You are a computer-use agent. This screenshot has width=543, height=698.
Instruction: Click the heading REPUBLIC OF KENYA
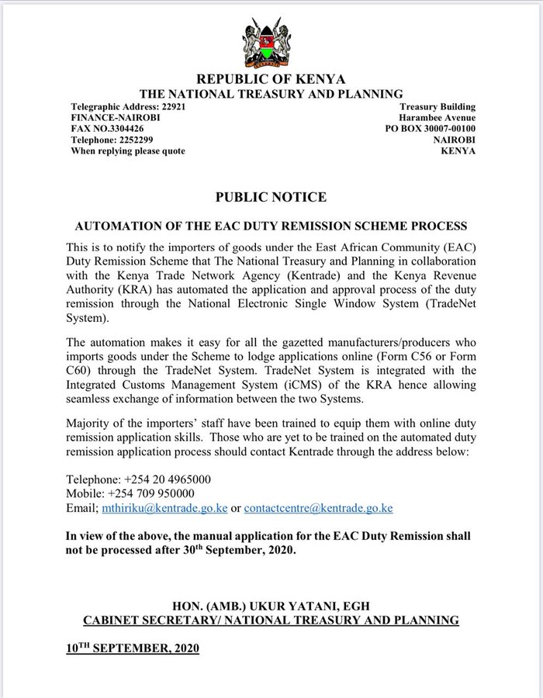pos(271,79)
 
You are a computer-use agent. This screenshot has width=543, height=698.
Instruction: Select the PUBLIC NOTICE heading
pos(271,197)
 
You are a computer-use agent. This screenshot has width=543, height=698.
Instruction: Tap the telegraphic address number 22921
pos(168,107)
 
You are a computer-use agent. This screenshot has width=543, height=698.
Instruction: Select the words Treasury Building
pos(438,107)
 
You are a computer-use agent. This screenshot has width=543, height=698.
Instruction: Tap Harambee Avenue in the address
pos(438,118)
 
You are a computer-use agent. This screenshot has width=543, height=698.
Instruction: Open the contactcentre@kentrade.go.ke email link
pos(318,508)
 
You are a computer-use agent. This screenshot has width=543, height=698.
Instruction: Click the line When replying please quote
pos(128,150)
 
